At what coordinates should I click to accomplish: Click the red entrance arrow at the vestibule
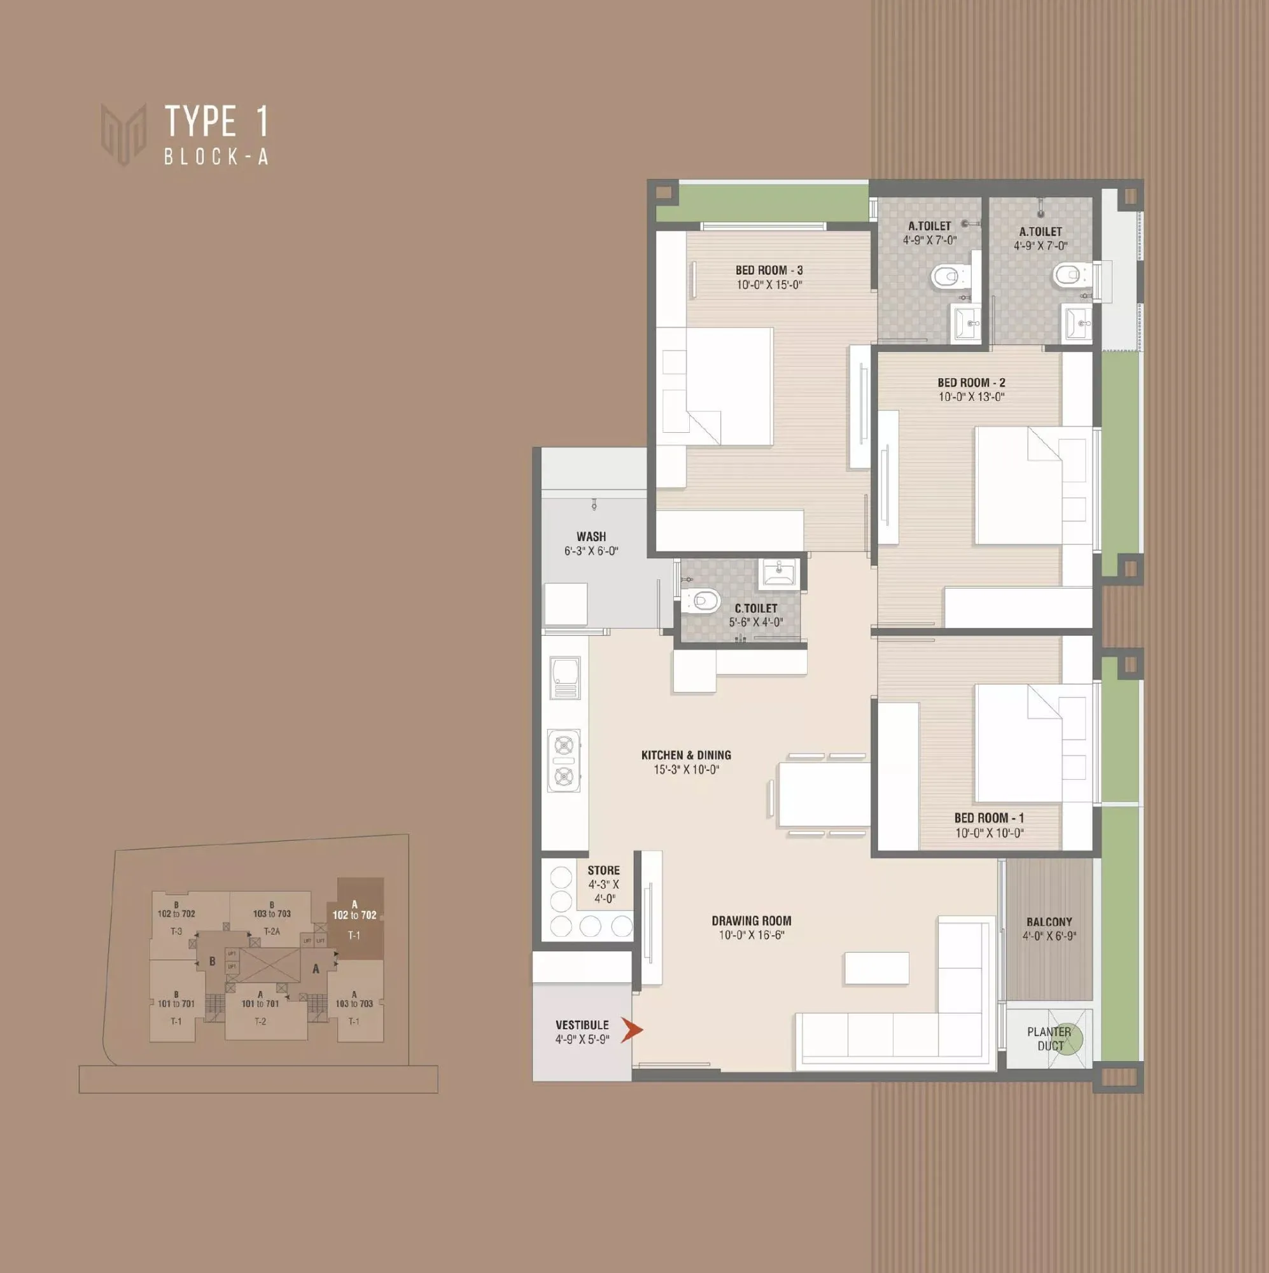[x=632, y=1030]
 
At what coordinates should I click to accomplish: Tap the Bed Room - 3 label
[x=769, y=270]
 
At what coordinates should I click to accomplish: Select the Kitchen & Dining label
[x=686, y=755]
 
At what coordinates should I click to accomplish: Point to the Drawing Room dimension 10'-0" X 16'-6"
[x=751, y=935]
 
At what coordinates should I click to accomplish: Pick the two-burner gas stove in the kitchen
[x=564, y=760]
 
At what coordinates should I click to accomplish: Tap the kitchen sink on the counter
[x=564, y=677]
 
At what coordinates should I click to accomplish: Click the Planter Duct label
[x=1049, y=1038]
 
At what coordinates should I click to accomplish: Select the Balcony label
[x=1049, y=922]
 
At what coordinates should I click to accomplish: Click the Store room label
[x=603, y=870]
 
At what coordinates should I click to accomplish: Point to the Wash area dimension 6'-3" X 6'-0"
[x=591, y=551]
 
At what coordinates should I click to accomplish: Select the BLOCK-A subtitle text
[x=216, y=157]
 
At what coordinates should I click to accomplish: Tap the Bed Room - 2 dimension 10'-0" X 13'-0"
[x=971, y=397]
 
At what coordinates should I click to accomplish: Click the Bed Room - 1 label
[x=989, y=818]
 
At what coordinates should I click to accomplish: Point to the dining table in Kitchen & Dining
[x=824, y=794]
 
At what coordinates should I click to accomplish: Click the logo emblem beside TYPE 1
[x=123, y=134]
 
